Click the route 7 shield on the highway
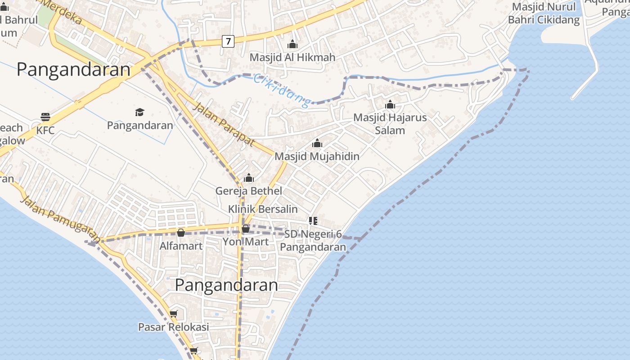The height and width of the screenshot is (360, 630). (228, 41)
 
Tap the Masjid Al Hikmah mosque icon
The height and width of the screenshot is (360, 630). (292, 44)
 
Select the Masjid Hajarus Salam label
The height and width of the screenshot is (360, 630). (390, 124)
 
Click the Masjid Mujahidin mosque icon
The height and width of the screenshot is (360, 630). (317, 143)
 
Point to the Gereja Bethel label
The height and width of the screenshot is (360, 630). (248, 190)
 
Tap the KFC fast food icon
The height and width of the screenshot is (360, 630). (45, 117)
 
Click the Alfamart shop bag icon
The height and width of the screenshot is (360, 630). (181, 233)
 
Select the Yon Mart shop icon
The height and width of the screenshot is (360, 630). (246, 229)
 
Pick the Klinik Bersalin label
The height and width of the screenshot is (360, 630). (263, 209)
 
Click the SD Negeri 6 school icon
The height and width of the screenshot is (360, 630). (313, 220)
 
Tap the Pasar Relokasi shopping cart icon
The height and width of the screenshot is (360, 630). (174, 314)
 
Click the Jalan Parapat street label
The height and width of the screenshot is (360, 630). (224, 124)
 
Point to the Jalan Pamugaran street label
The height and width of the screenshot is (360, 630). (60, 219)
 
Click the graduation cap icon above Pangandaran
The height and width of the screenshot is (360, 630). (139, 112)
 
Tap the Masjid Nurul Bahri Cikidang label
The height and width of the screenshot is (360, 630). (544, 13)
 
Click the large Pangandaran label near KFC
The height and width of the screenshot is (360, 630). (73, 70)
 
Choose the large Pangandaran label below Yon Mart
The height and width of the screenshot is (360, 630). (226, 285)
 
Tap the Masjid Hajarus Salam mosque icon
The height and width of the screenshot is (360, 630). (390, 104)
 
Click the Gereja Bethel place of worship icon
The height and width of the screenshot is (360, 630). (249, 178)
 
